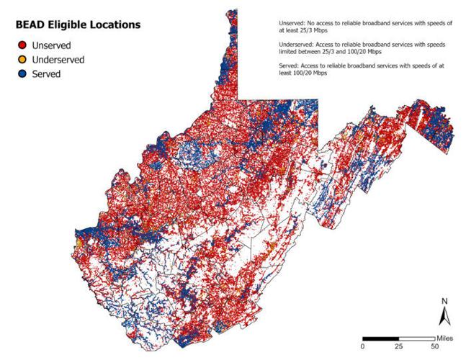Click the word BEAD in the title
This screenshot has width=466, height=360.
[32, 25]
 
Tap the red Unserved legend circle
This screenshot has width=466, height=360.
[23, 45]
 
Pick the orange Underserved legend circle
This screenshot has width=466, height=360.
[23, 59]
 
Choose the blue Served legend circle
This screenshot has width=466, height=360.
[23, 73]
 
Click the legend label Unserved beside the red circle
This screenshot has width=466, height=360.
[52, 45]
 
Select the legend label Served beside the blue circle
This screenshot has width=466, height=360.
[47, 73]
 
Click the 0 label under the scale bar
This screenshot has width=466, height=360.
[363, 346]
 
